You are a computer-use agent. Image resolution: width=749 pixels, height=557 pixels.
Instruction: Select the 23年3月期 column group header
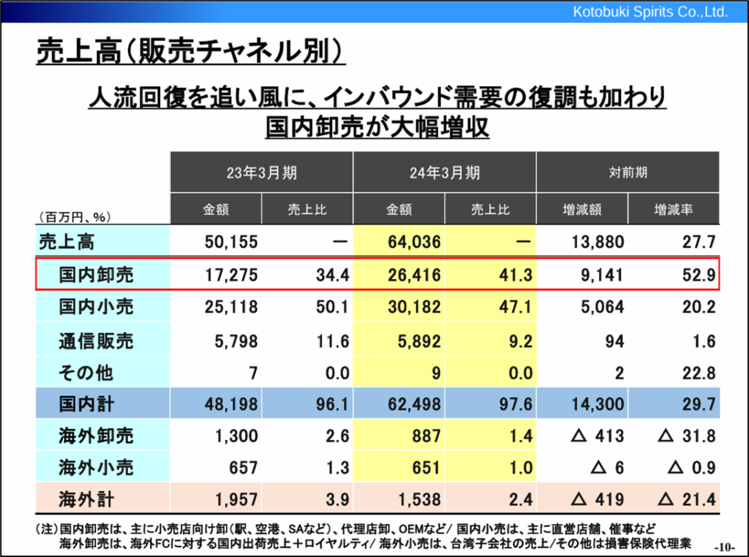pos(261,173)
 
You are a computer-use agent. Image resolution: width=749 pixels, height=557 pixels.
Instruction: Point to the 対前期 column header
pos(628,173)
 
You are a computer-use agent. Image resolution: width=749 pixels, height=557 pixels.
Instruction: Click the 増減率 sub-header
pos(674,210)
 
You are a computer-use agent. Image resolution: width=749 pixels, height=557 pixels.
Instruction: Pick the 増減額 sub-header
pos(582,210)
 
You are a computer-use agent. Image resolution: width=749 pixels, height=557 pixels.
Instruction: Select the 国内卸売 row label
pos(97,275)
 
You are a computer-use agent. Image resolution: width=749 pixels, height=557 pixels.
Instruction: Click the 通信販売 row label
pos(97,340)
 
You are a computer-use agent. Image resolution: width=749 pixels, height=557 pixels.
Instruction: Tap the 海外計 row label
pos(86,500)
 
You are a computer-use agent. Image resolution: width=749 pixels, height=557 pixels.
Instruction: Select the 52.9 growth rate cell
pos(699,275)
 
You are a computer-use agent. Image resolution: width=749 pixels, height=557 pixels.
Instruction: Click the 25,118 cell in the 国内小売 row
pos(233,307)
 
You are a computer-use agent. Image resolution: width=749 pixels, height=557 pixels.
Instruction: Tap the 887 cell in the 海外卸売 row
pos(426,436)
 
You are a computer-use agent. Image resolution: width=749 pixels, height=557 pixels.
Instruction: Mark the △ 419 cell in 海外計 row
pos(597,500)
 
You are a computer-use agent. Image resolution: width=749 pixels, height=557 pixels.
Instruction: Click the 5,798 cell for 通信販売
pos(237,340)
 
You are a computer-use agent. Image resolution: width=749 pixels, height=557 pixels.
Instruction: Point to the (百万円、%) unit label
pos(73,216)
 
